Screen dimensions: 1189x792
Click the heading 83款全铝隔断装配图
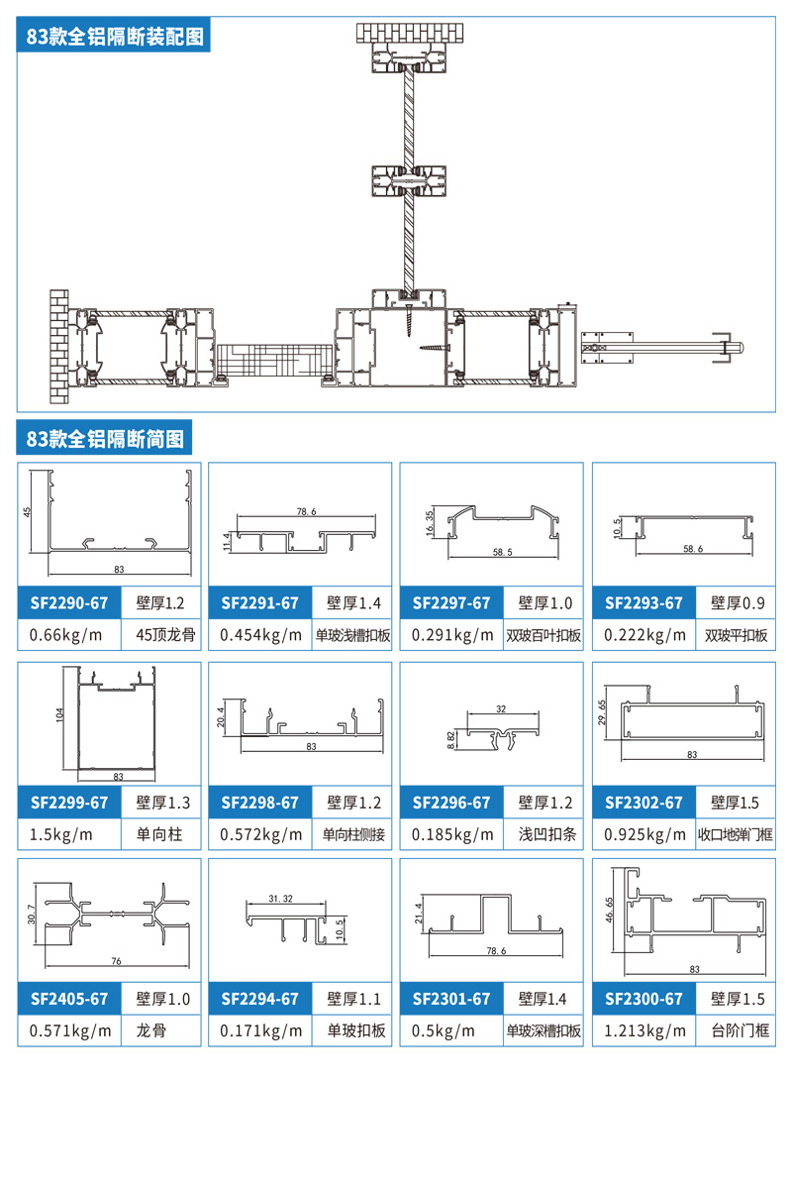(116, 37)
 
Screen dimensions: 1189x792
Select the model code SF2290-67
(68, 602)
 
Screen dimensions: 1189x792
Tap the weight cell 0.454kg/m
(260, 635)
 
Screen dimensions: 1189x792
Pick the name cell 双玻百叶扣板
(544, 635)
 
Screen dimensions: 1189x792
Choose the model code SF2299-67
(68, 802)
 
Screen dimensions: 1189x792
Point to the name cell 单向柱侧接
(352, 834)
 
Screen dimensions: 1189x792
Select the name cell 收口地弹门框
(736, 834)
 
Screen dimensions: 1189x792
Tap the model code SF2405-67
(68, 999)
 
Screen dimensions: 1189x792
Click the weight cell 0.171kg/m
(260, 1030)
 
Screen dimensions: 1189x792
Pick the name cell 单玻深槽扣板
(544, 1030)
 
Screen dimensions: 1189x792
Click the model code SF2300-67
(644, 999)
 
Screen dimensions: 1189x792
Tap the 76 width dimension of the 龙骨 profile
(116, 961)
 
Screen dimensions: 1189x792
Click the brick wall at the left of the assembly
(58, 347)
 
